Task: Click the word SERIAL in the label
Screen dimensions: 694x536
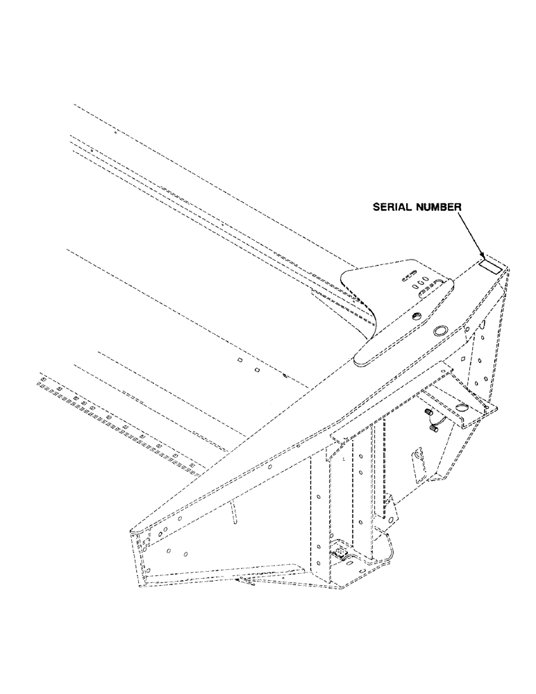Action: (x=393, y=207)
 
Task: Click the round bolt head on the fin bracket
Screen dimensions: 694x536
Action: (x=417, y=317)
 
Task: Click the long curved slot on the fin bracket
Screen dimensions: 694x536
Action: (x=434, y=291)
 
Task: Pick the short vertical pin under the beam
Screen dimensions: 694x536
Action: (x=235, y=514)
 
